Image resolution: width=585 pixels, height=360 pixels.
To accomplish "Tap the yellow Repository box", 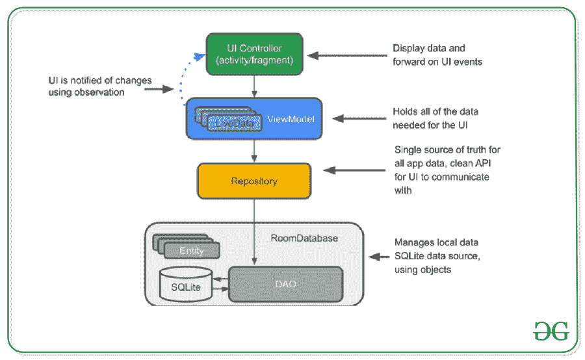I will tap(254, 181).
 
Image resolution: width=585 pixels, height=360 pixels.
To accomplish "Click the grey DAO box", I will tap(285, 283).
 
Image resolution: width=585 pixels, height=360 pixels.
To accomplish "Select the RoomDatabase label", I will tap(304, 238).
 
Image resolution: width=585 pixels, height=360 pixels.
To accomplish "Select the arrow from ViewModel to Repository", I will tap(255, 151).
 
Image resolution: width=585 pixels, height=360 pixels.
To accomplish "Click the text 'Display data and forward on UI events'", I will tap(437, 55).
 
